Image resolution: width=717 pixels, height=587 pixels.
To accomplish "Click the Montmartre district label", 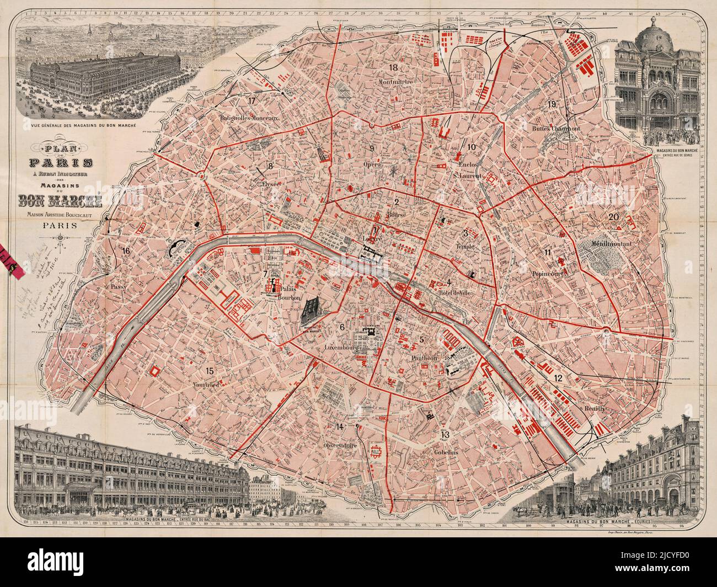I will click(x=396, y=82).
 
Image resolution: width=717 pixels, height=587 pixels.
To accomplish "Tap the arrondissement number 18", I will click(x=393, y=68).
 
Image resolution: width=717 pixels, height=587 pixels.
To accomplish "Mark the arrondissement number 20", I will click(x=613, y=217).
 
